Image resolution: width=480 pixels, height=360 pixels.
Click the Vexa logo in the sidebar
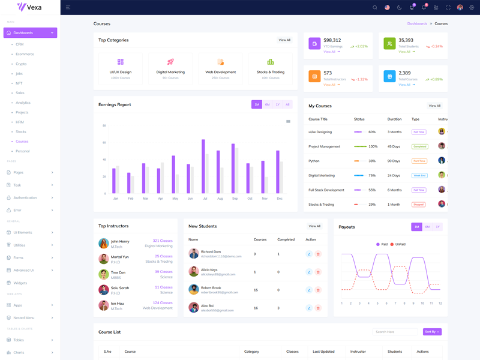(x=29, y=7)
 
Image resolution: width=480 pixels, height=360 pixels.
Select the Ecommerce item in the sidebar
(x=25, y=54)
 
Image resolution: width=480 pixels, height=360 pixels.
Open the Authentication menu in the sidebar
(x=25, y=197)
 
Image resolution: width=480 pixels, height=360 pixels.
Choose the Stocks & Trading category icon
(x=271, y=62)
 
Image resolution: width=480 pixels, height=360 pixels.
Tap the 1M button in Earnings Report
(x=257, y=104)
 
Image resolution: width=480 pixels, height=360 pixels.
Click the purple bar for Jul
(x=203, y=166)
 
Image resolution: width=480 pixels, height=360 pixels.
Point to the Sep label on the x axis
(x=235, y=199)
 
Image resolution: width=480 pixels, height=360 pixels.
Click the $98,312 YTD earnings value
(x=332, y=40)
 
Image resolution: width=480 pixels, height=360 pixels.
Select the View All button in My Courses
(x=434, y=106)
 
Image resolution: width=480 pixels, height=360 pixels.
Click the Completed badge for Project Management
(x=419, y=146)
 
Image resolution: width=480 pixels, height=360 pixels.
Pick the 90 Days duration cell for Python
(x=394, y=161)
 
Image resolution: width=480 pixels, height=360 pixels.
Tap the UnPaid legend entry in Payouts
(x=398, y=244)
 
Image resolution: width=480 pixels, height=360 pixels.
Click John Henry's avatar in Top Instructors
(x=104, y=244)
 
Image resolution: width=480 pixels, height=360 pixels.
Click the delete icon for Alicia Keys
(x=318, y=272)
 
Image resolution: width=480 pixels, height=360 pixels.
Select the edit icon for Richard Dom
(x=309, y=254)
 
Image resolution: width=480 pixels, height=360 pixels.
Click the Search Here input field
(x=395, y=332)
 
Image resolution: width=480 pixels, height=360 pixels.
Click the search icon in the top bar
(x=375, y=7)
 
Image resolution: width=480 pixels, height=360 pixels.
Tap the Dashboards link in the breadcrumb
(x=417, y=23)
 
